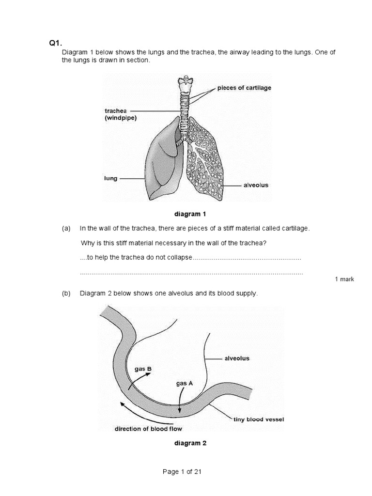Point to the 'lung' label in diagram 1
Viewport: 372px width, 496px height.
pos(111,178)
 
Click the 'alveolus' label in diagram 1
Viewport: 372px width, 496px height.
pos(255,185)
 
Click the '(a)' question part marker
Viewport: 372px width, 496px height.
pos(66,228)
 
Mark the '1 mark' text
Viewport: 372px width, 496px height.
pos(344,279)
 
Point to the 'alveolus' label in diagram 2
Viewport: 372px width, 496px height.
pos(237,358)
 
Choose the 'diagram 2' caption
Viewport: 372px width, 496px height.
pos(190,443)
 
